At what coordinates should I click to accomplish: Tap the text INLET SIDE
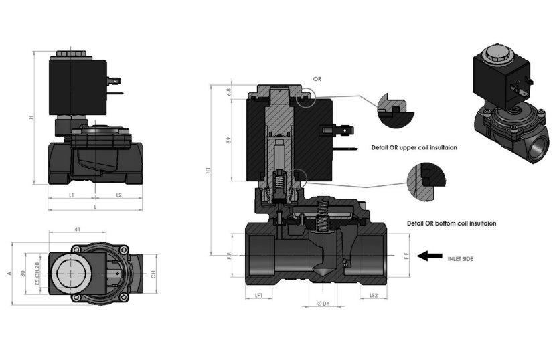[x=461, y=258]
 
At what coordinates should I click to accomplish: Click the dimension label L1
[x=71, y=195]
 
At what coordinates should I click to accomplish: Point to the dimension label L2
[x=118, y=195]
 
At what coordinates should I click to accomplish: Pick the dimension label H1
[x=210, y=171]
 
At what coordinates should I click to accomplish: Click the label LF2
[x=374, y=295]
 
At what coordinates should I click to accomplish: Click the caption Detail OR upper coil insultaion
[x=414, y=147]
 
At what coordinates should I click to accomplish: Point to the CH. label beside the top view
[x=153, y=274]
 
